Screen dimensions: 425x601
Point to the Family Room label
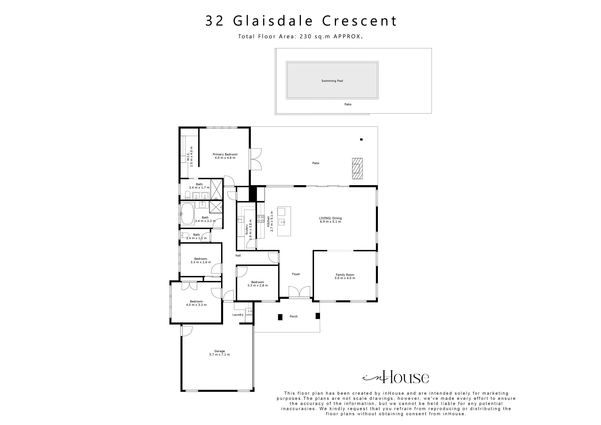[345, 277]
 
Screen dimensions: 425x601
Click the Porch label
[293, 316]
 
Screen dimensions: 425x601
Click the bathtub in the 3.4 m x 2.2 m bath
[187, 214]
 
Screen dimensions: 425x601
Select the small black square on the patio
[361, 139]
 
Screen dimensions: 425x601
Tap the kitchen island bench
[284, 221]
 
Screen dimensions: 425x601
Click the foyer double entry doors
[299, 292]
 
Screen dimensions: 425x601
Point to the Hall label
[238, 255]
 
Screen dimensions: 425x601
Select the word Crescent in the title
[359, 21]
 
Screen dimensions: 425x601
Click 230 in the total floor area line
[305, 37]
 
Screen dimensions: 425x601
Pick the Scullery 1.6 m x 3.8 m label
[248, 229]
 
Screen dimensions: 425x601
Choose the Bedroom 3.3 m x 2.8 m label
[257, 284]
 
